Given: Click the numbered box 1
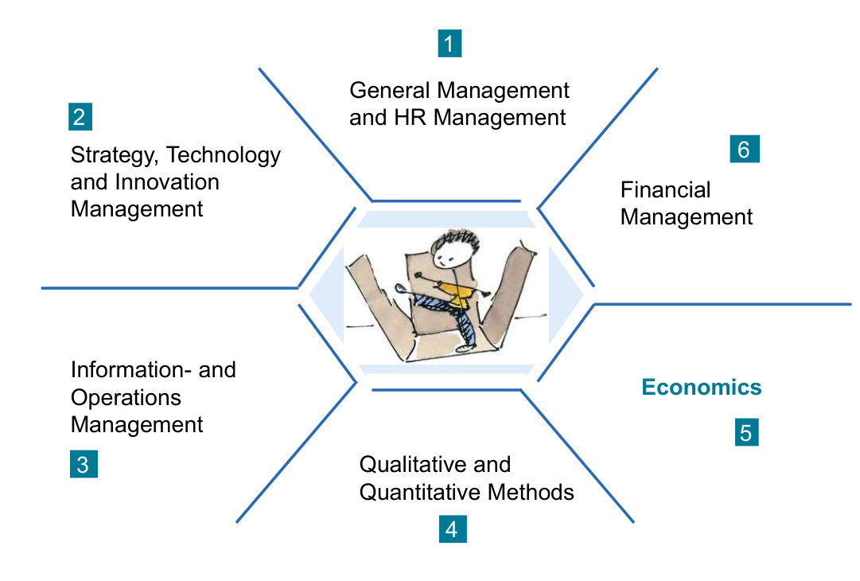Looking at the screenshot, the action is [x=449, y=43].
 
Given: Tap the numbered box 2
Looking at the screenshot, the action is [x=80, y=116].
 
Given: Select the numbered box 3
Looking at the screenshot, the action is [x=84, y=464].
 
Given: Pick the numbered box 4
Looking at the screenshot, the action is [x=453, y=529].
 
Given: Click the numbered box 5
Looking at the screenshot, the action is [x=746, y=432].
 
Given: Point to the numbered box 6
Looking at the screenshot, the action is [x=745, y=149].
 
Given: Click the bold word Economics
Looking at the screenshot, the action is [x=702, y=388].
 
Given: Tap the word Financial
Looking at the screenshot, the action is [x=665, y=190].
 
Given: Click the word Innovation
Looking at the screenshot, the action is [x=167, y=182].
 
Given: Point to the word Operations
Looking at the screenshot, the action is [x=126, y=398].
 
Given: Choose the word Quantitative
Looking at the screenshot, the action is [x=420, y=492].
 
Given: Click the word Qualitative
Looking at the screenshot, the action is [x=414, y=465].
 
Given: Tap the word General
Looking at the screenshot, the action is [x=390, y=91].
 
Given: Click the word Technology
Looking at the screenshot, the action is [x=224, y=156].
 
